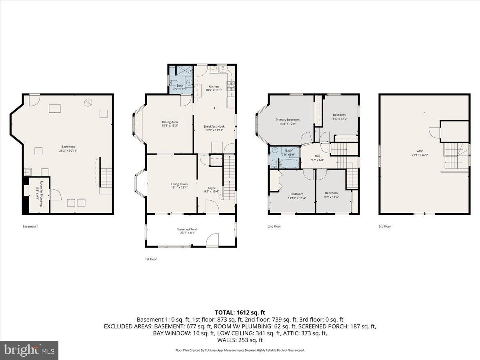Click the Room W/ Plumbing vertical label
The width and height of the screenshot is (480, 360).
click(x=40, y=194)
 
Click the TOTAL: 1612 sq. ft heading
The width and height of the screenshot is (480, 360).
click(x=240, y=312)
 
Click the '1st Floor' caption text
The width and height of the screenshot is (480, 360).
click(x=151, y=259)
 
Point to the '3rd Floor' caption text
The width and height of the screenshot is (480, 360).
click(x=385, y=226)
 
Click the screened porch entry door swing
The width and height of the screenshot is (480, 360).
click(x=212, y=240)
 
